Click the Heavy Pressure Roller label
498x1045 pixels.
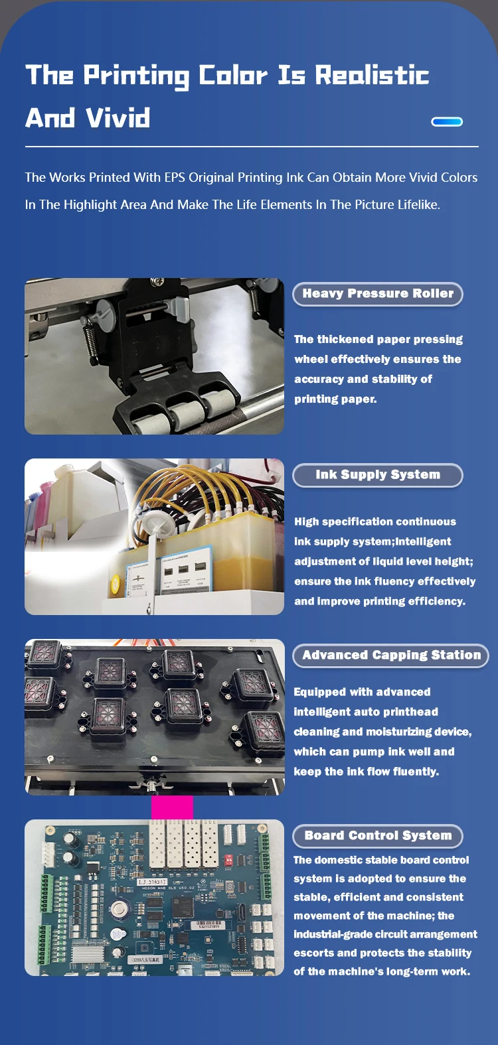click(377, 294)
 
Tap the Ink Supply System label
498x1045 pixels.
click(377, 475)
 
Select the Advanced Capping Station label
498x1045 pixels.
click(391, 656)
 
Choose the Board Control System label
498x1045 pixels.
click(378, 836)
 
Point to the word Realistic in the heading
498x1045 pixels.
click(371, 76)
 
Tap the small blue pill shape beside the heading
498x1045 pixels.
click(446, 121)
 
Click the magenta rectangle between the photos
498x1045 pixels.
click(172, 807)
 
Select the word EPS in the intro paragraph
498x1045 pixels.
click(175, 178)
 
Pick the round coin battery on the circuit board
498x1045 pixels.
click(120, 910)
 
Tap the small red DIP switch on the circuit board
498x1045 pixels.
click(229, 859)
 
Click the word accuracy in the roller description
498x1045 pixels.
click(319, 380)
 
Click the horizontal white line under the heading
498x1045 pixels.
click(252, 147)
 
